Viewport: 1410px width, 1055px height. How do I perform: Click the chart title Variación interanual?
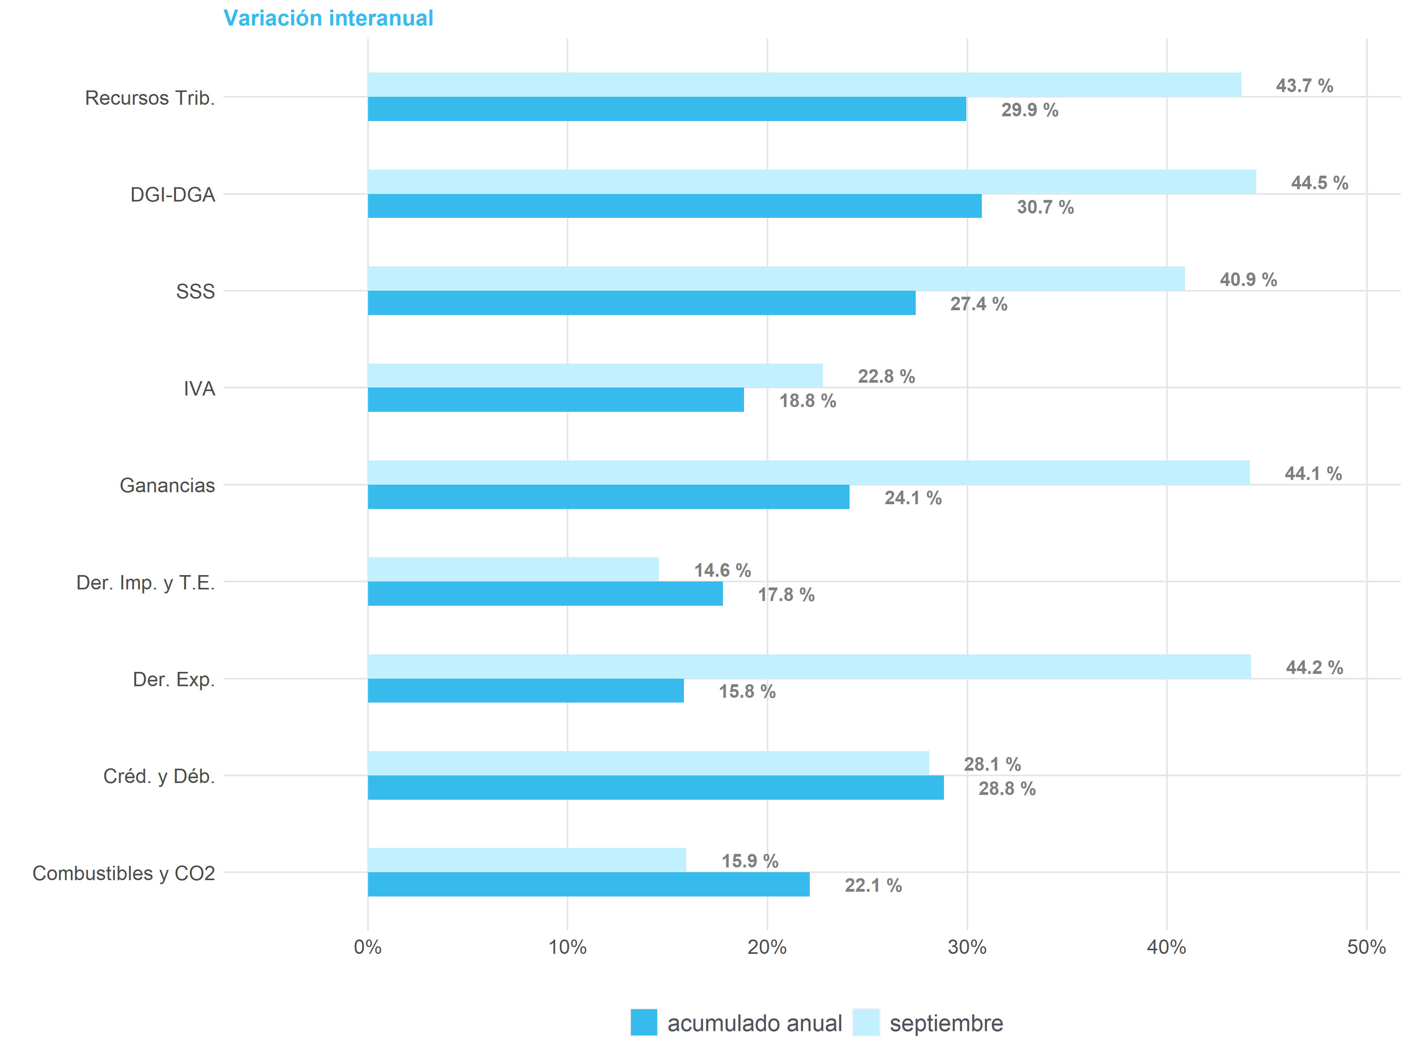[x=328, y=18]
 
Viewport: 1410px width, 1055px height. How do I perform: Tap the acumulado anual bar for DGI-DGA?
[x=674, y=206]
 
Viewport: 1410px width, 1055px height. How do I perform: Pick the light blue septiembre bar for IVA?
[x=595, y=376]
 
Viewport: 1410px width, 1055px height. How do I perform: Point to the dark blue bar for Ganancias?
[x=608, y=497]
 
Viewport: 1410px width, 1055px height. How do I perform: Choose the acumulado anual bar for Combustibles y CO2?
[x=588, y=884]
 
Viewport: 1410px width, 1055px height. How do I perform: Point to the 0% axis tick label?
[x=368, y=947]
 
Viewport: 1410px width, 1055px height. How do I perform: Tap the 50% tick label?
[x=1366, y=947]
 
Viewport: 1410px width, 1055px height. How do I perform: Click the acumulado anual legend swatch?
[x=643, y=1022]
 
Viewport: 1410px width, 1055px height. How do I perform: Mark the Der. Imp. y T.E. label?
[x=145, y=583]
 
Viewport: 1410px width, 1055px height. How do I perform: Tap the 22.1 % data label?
[x=873, y=885]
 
